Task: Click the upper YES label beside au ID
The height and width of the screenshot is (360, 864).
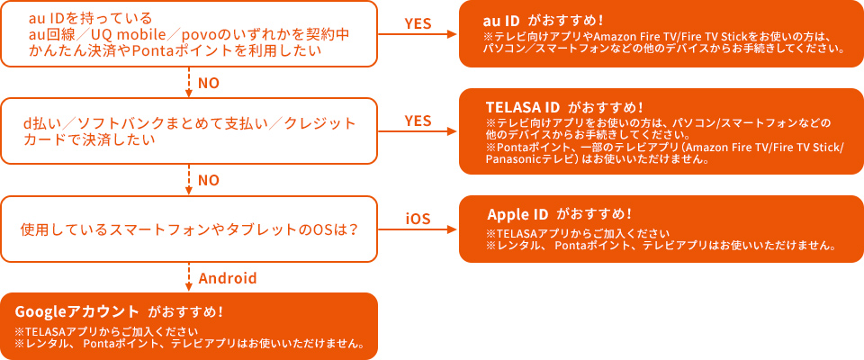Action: tap(418, 23)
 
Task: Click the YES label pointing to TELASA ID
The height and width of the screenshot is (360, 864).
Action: tap(418, 121)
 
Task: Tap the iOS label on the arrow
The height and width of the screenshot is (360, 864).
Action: tap(418, 219)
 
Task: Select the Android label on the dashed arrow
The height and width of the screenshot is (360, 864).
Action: tap(228, 278)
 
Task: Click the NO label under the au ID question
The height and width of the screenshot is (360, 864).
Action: tap(209, 83)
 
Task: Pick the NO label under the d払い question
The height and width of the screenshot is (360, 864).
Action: tap(209, 181)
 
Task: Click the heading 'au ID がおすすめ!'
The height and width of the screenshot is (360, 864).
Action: tap(543, 21)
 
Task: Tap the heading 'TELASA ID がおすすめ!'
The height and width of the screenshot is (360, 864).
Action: tap(564, 106)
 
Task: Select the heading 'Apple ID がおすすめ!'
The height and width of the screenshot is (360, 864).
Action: tap(559, 214)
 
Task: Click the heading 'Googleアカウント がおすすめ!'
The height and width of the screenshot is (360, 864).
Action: tap(119, 311)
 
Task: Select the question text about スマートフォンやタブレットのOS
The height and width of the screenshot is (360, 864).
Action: tap(188, 229)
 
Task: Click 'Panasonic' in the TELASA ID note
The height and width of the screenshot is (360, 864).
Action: tap(510, 159)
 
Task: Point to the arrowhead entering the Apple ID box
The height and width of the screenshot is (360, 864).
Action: tap(454, 229)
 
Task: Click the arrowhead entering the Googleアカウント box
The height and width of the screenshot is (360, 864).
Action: tap(188, 287)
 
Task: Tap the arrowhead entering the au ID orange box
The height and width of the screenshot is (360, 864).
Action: tap(454, 34)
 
